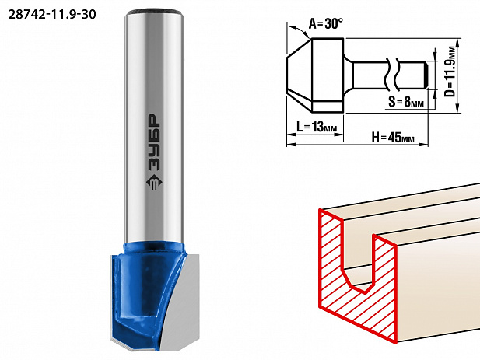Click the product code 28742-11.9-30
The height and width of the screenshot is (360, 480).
(52, 14)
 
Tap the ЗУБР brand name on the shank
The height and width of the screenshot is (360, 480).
(154, 142)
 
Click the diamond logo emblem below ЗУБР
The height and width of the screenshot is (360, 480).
(154, 183)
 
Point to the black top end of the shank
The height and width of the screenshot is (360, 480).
(155, 12)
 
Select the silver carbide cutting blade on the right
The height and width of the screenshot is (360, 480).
(183, 302)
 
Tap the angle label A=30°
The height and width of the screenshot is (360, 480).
(325, 23)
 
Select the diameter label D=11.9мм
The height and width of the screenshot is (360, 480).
(450, 71)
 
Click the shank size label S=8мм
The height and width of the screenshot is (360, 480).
(406, 102)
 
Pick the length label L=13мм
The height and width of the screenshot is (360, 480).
(317, 126)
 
